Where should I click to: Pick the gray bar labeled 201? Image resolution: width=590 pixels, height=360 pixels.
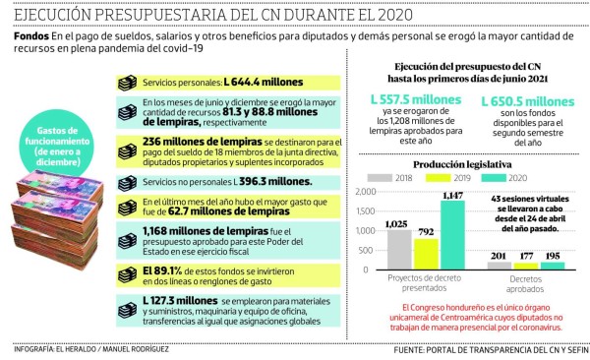pos(501,265)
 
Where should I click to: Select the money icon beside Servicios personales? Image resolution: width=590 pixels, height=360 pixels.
pos(126,83)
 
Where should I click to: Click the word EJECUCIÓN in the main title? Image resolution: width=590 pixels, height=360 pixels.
pos(62,15)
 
